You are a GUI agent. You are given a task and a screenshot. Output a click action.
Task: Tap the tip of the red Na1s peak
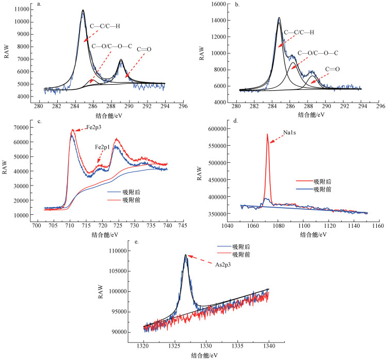pyautogui.click(x=267, y=134)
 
